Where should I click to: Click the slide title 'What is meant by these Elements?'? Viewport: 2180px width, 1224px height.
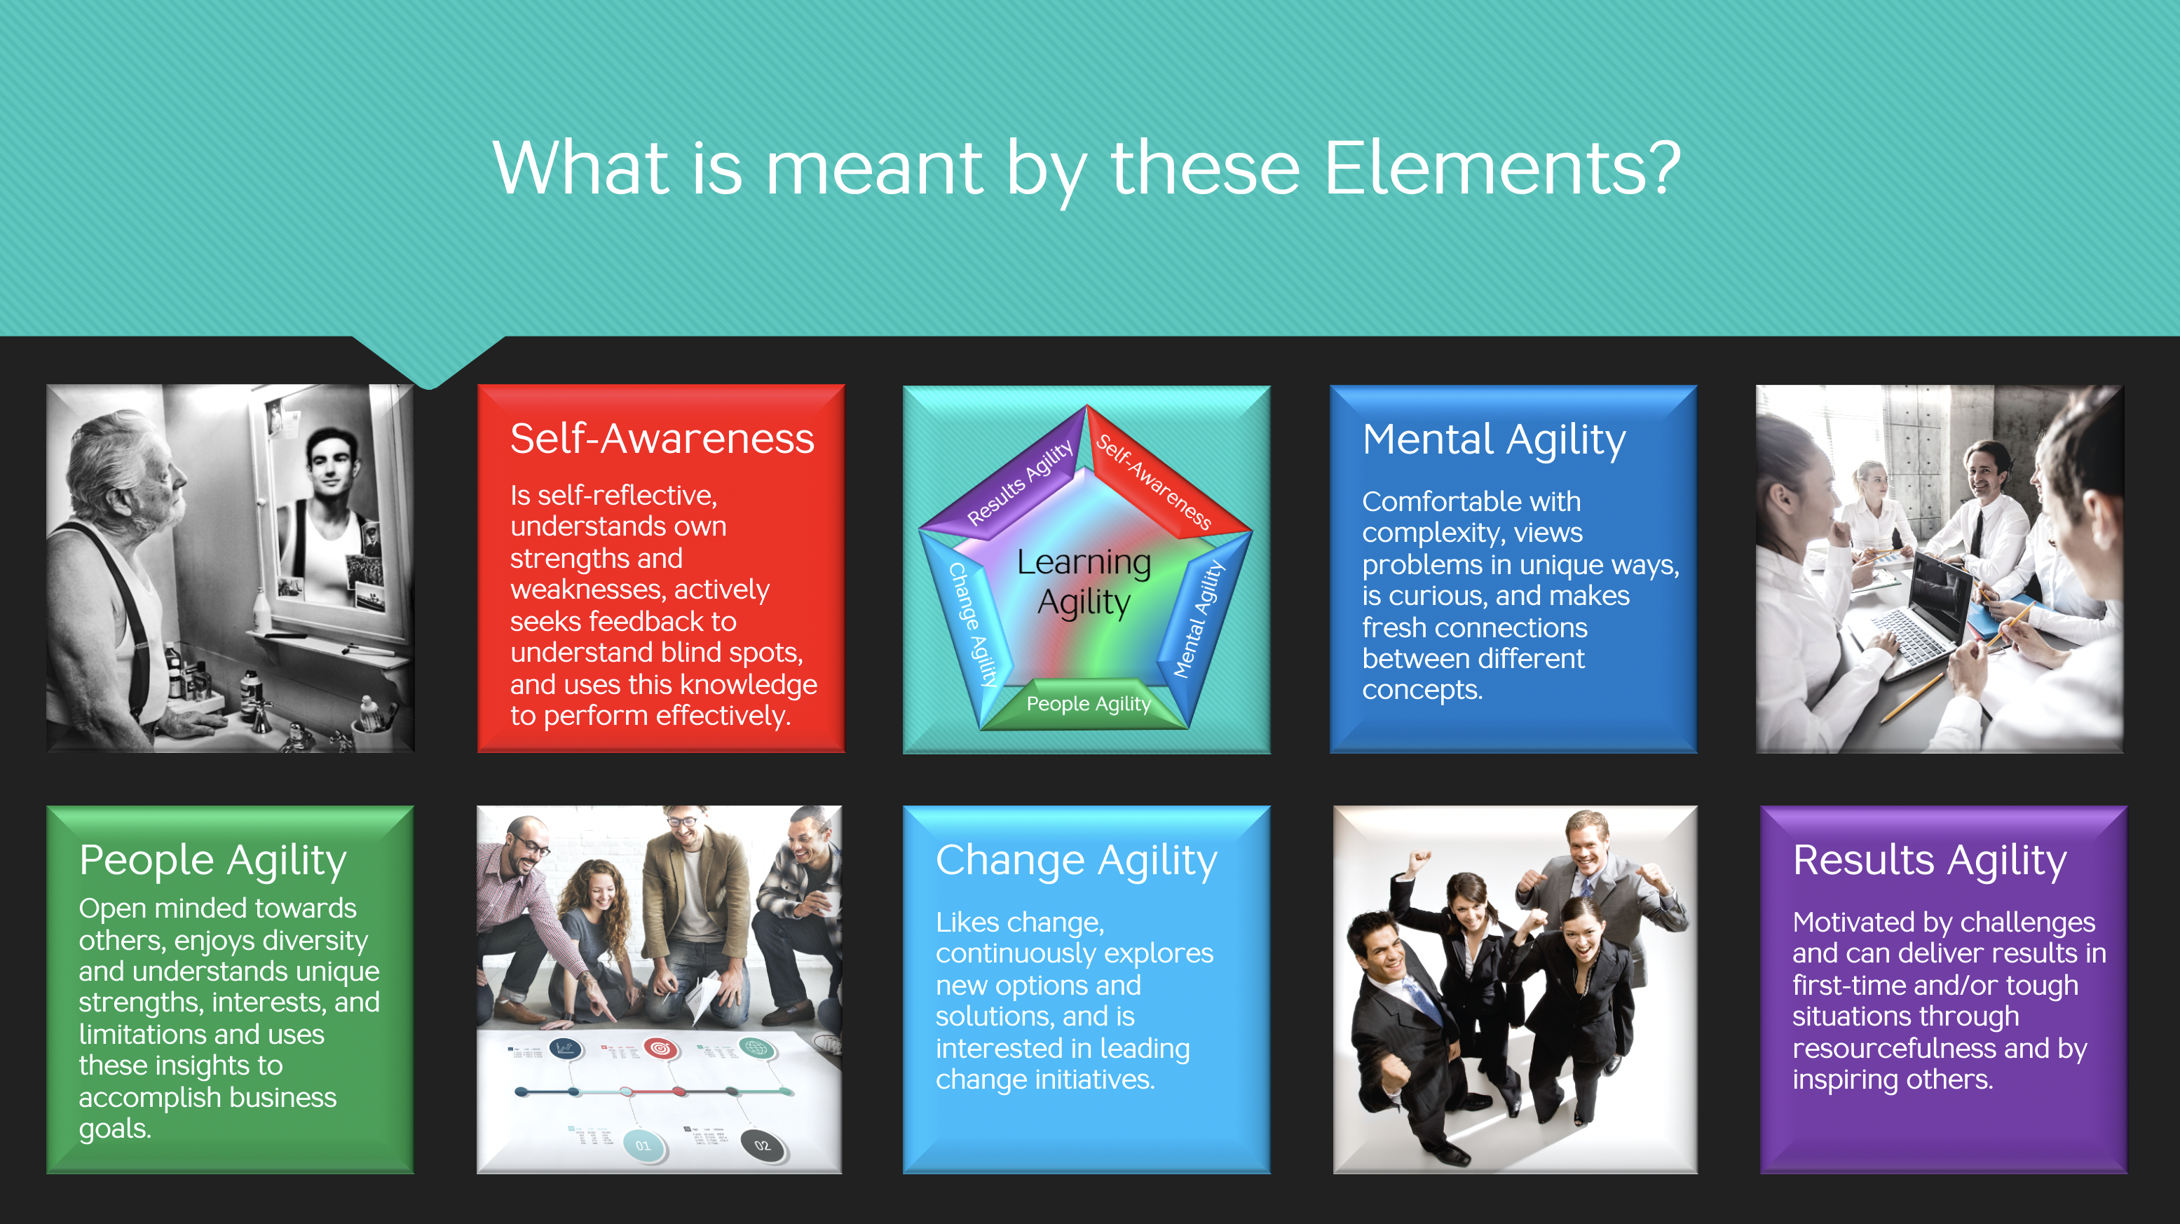1086,169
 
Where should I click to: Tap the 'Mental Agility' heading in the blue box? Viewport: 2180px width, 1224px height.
1494,441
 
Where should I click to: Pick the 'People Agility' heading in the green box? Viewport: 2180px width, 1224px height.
212,862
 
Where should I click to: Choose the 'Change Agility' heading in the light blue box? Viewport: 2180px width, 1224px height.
1077,862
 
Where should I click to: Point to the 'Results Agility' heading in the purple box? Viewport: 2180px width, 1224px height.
1930,862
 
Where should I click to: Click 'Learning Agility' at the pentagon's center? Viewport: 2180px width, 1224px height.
1084,583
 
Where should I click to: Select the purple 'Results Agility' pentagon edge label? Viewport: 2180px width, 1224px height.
1020,482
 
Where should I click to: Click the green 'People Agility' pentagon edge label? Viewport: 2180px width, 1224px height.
1089,703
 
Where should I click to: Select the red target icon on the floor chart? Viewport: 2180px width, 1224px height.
660,1049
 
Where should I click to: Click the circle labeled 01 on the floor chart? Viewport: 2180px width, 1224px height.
643,1146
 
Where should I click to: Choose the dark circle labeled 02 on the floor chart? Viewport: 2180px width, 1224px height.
762,1146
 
